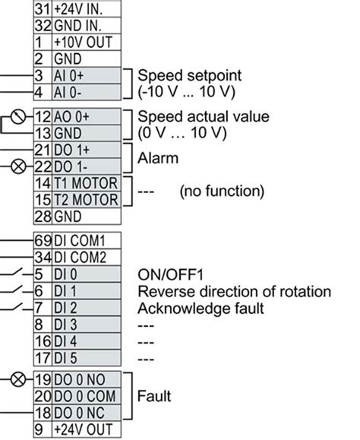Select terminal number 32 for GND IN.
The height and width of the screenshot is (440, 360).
(42, 24)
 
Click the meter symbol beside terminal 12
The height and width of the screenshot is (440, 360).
(14, 118)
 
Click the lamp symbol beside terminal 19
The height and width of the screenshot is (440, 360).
(14, 378)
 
